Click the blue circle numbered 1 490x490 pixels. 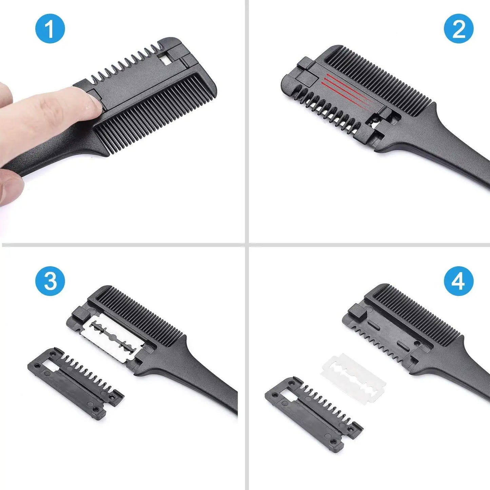tap(50, 28)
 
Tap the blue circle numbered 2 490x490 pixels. tap(458, 28)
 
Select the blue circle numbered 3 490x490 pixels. tap(50, 281)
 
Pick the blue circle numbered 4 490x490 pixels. tap(458, 281)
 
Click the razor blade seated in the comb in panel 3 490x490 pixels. tap(112, 334)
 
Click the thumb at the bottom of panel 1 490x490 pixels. tap(10, 185)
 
